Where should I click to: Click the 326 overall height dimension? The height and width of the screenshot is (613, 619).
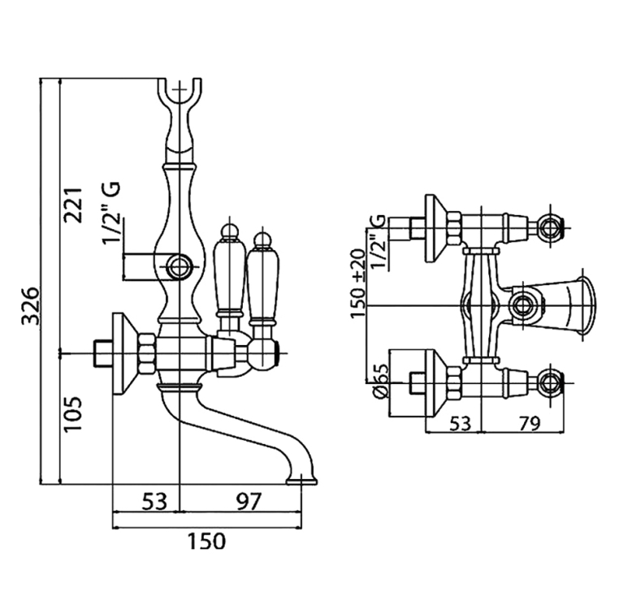pos(31,306)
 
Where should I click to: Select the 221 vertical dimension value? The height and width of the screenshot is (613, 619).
pos(73,205)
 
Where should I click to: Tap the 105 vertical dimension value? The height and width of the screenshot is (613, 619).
pos(73,414)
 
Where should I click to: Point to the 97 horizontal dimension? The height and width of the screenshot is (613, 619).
pos(249,502)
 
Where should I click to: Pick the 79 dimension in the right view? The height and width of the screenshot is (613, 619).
pos(529,424)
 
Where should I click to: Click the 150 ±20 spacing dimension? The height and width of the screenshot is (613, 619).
pos(358,283)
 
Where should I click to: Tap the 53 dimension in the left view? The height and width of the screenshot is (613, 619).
pos(154,502)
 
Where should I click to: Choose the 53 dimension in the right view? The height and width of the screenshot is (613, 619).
pos(461,424)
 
